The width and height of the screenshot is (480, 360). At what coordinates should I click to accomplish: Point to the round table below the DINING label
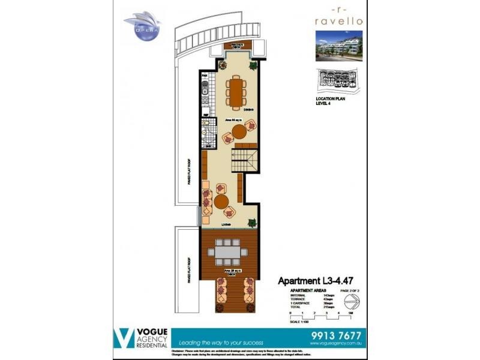point(239,131)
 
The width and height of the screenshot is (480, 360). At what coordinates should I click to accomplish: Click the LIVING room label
point(227,224)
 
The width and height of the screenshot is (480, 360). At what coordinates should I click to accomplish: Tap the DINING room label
point(248,110)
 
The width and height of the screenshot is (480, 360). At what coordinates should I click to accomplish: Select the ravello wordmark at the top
point(338,20)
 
